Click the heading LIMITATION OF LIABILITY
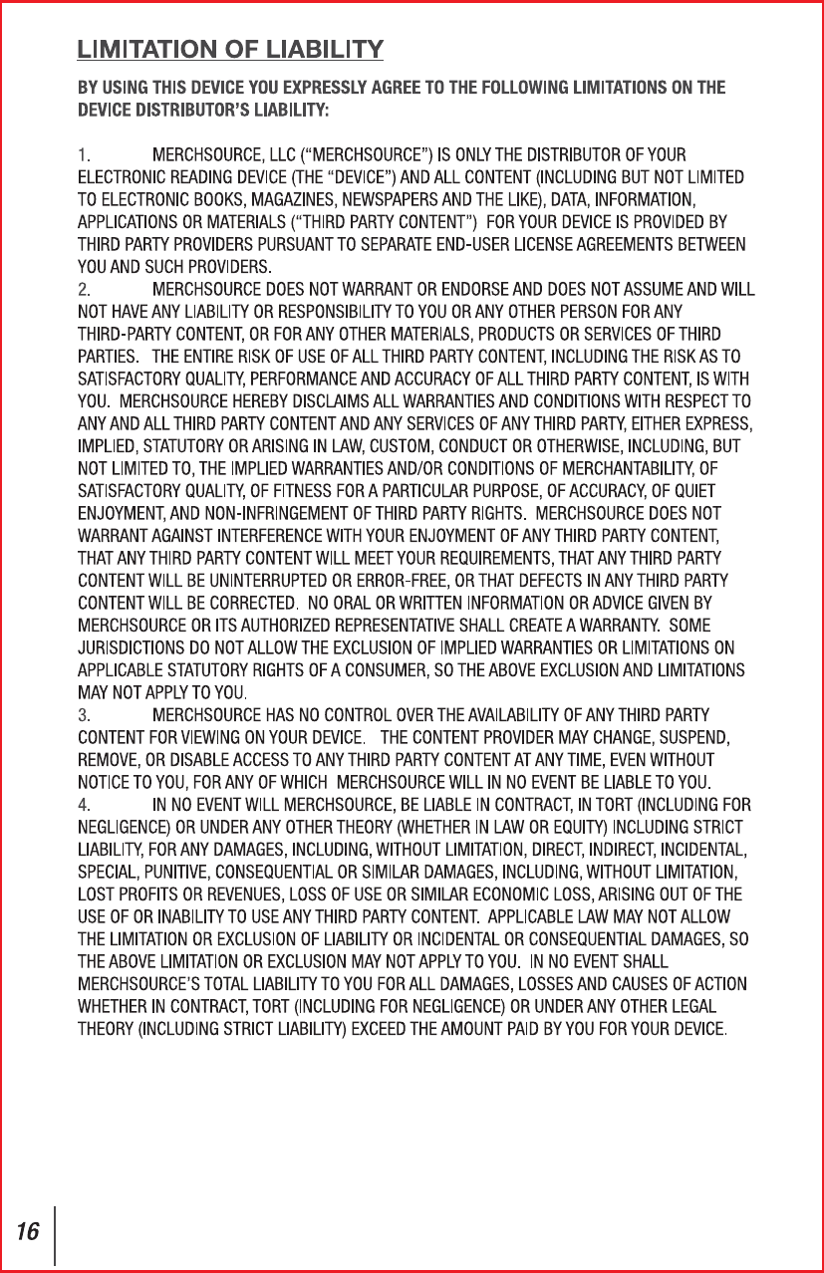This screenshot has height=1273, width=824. click(231, 49)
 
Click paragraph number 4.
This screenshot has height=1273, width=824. click(85, 804)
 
